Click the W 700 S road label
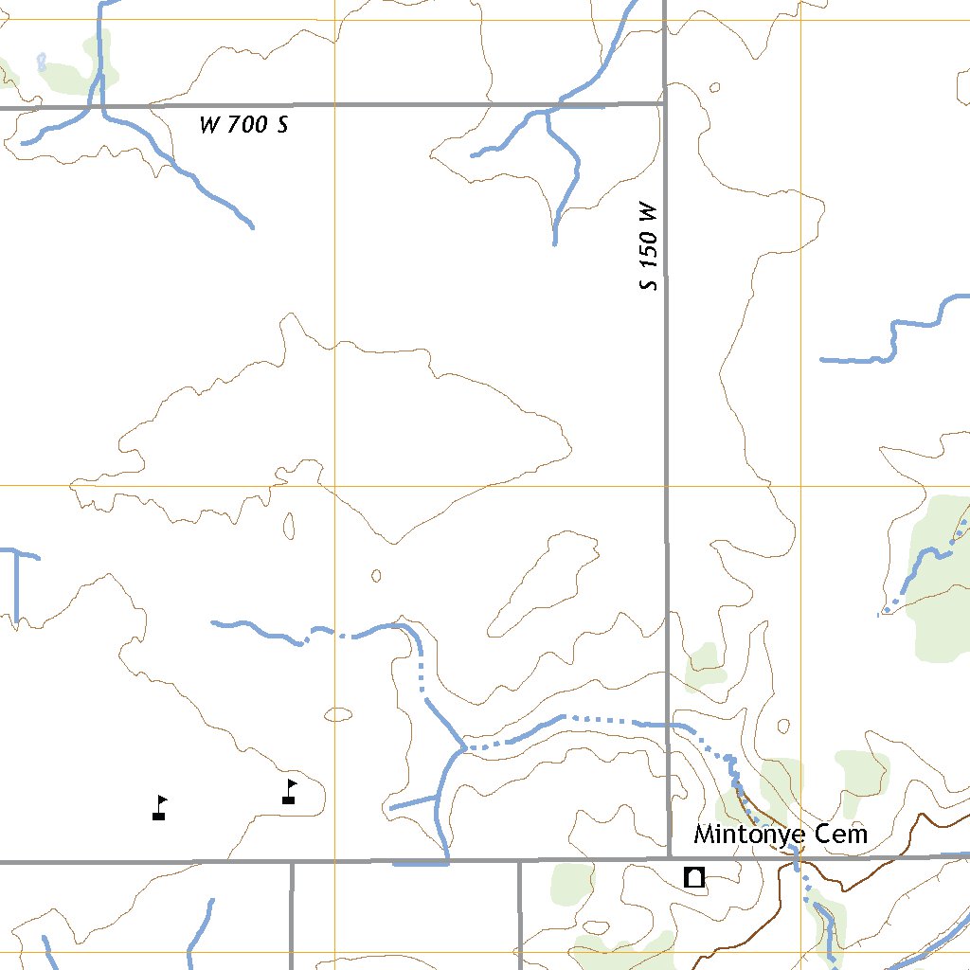[x=243, y=124]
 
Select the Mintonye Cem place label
[x=781, y=835]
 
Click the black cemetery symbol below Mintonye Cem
[x=694, y=877]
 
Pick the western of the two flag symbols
[x=159, y=807]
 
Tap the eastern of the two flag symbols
[x=290, y=792]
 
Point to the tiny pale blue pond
[x=42, y=63]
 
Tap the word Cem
[x=846, y=835]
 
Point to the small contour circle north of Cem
[x=783, y=727]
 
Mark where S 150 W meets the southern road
[x=667, y=860]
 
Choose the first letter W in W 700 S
[x=209, y=124]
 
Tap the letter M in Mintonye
[x=704, y=835]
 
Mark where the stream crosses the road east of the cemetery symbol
[x=797, y=858]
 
